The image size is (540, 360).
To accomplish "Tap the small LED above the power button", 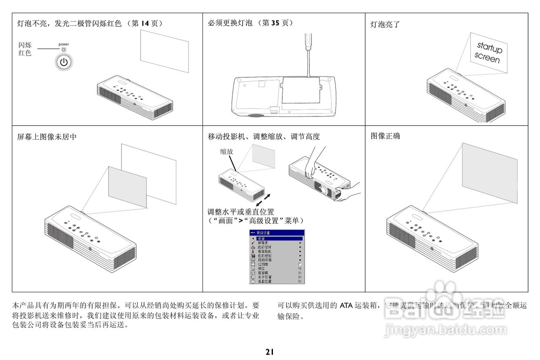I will coord(64,49).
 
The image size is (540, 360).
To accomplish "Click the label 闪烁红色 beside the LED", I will coord(24,49).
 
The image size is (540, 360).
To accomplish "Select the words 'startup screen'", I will coord(489,52).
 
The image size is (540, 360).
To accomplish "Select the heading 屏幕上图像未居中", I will coord(47,137).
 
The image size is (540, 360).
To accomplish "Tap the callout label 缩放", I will coord(226,151).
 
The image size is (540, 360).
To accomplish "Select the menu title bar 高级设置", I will coord(277,233).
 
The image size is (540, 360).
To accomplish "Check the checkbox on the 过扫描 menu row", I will coord(300,264).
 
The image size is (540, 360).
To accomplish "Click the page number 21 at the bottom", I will coord(270,351).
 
